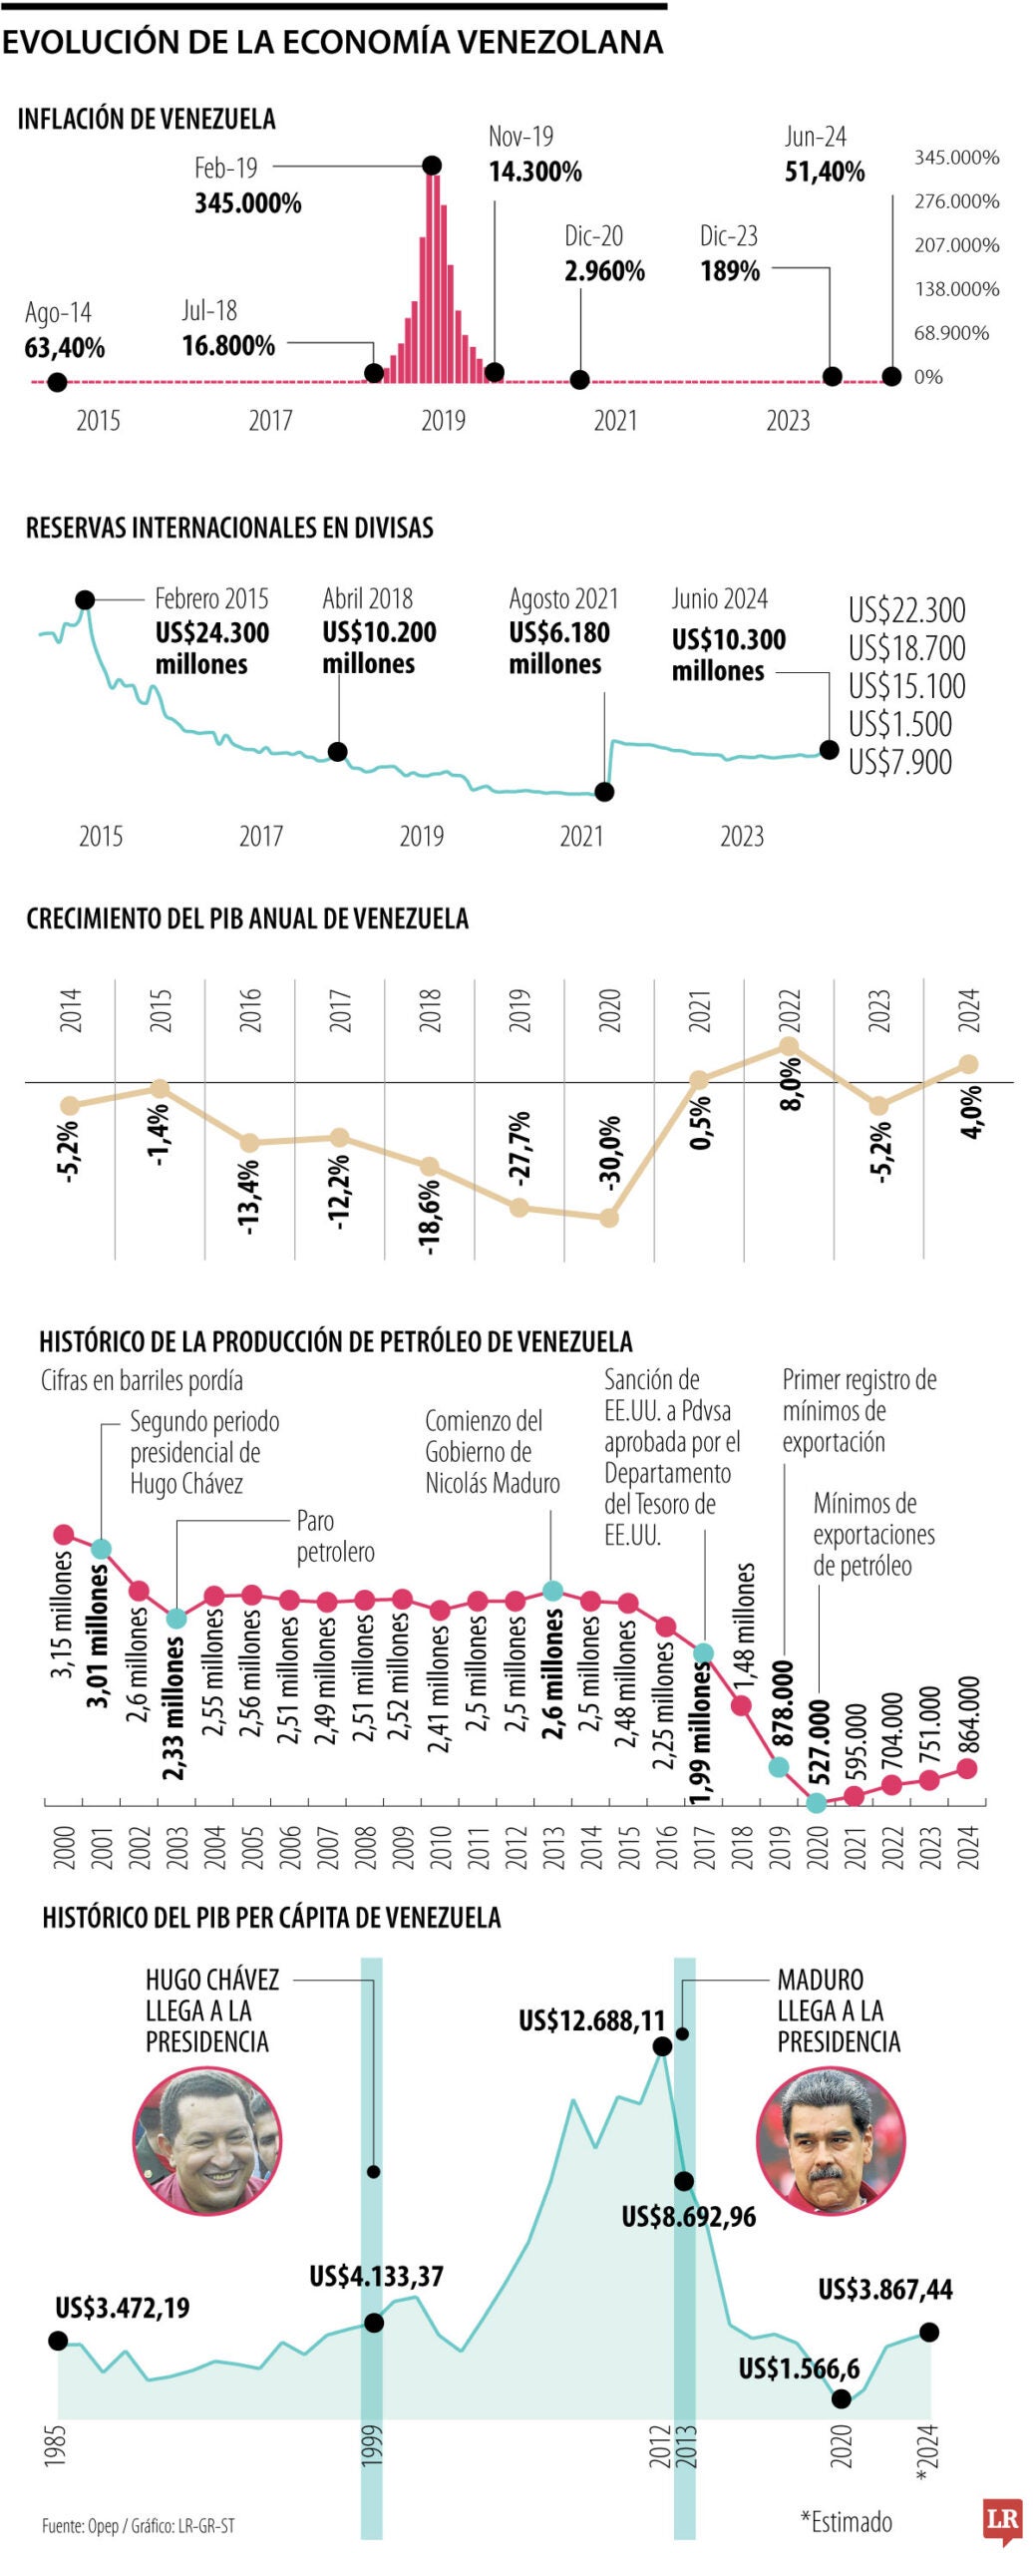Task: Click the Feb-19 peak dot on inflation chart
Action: (432, 166)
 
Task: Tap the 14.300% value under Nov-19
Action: (534, 172)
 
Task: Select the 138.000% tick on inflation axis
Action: (956, 289)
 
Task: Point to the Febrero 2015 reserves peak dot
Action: (86, 599)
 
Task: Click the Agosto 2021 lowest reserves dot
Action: (603, 792)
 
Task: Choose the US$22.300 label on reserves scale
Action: (906, 610)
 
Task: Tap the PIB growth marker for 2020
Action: (609, 1218)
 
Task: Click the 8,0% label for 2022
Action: (790, 1084)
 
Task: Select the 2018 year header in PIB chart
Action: (430, 1010)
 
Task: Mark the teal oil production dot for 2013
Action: (552, 1591)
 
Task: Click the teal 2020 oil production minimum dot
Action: (817, 1803)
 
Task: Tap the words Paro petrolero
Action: (335, 1537)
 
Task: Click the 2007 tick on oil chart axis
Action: (327, 1848)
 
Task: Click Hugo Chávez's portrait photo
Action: (207, 2141)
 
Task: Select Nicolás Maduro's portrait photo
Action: (831, 2140)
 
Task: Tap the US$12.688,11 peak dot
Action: (662, 2046)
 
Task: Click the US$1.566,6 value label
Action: (799, 2368)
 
